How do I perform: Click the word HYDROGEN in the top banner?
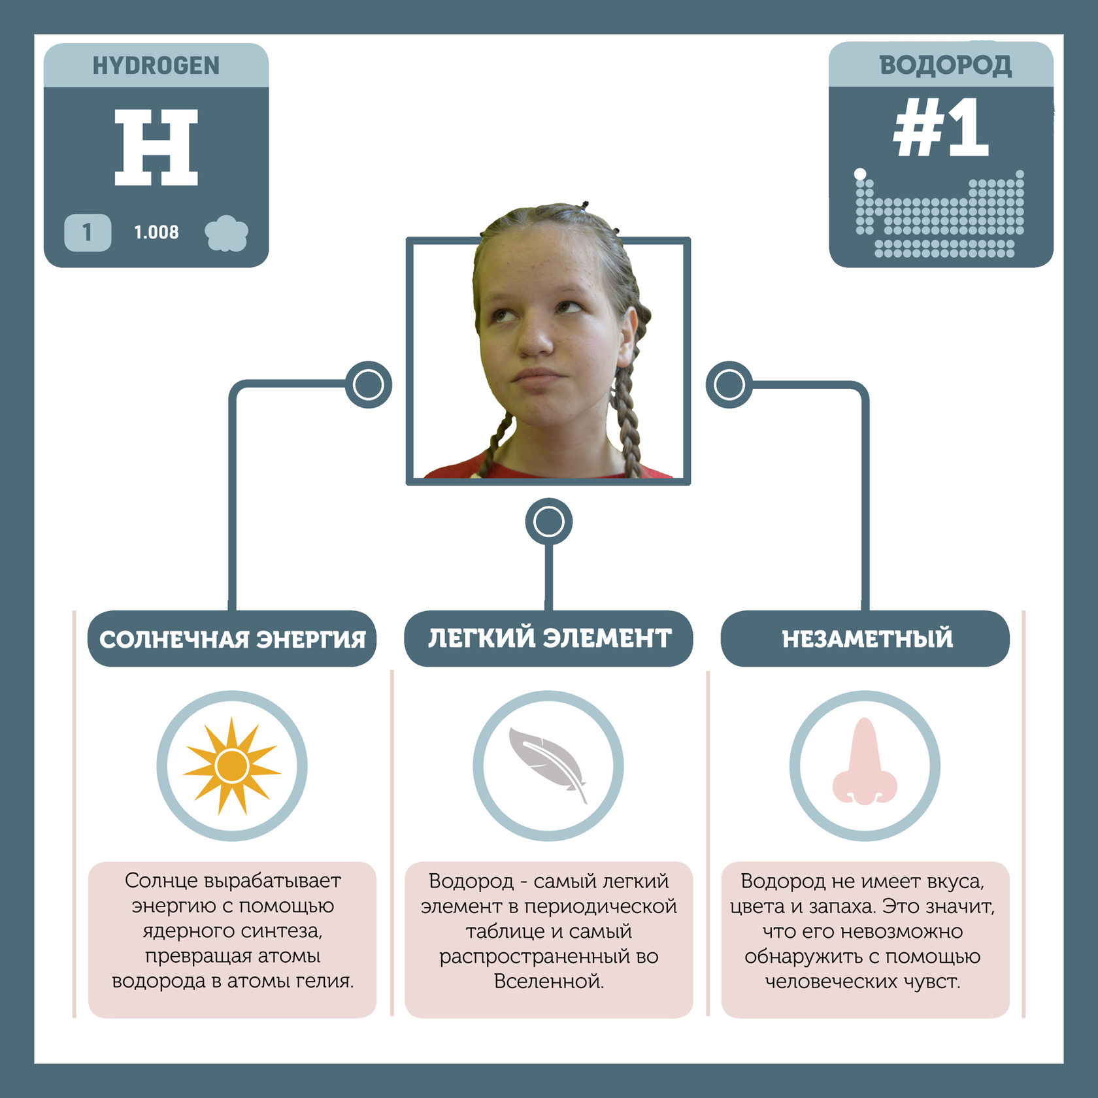click(x=156, y=65)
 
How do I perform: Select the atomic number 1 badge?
click(x=87, y=232)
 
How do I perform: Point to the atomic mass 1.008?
click(x=156, y=232)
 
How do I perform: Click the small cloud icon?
click(x=226, y=233)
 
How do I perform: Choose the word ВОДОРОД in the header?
click(x=945, y=65)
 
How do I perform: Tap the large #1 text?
click(x=940, y=128)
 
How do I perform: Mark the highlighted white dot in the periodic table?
click(x=860, y=174)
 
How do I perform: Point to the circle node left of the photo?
click(x=369, y=384)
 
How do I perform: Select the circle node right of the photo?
click(x=729, y=384)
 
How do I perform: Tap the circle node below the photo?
click(x=548, y=522)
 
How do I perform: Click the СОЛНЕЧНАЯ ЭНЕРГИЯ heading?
click(x=232, y=639)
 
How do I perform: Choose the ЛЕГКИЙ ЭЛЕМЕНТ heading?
click(x=549, y=638)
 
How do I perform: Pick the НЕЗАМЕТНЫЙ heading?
click(x=867, y=639)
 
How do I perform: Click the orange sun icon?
click(x=232, y=766)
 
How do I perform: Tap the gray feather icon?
click(x=548, y=763)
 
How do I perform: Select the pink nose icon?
click(x=865, y=763)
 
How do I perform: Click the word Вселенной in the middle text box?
click(x=548, y=981)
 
